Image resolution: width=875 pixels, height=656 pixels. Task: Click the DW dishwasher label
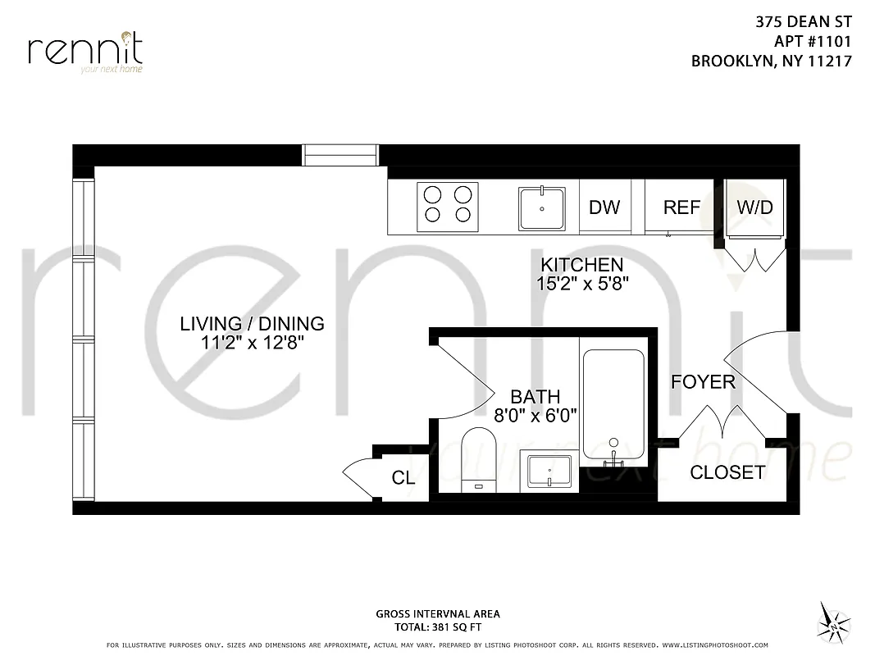(604, 207)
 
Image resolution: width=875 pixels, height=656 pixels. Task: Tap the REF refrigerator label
(681, 207)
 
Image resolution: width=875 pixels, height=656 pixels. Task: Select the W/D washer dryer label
(754, 207)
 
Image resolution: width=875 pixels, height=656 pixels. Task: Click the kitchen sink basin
(541, 208)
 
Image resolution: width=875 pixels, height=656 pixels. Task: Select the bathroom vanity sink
(549, 471)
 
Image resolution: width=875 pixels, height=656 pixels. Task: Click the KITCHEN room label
(581, 265)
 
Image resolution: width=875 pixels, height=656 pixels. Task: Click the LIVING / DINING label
(252, 324)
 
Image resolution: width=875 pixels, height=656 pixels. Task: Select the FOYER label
(703, 382)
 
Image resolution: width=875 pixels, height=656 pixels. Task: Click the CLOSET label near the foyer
(727, 472)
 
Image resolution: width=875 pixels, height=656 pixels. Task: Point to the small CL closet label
(403, 478)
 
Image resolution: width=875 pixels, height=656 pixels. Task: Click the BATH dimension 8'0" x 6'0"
(535, 415)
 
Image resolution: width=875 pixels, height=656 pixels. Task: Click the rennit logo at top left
(85, 51)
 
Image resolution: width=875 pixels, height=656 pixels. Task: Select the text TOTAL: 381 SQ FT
(437, 626)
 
